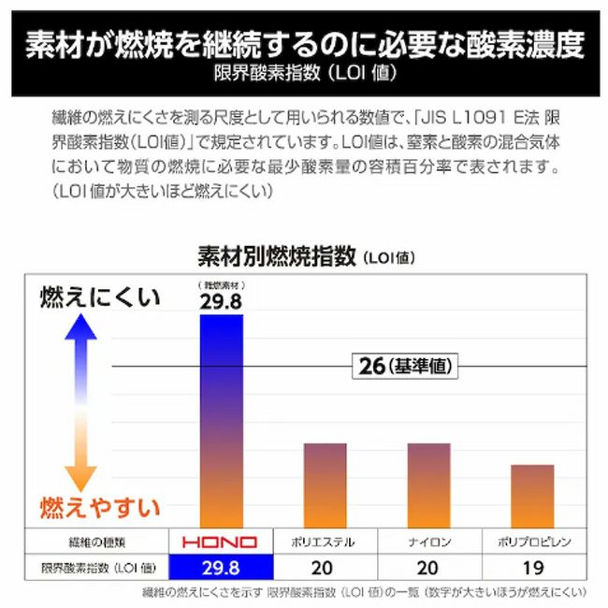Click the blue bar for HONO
(222, 421)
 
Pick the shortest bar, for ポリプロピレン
(532, 496)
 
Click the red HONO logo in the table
(222, 543)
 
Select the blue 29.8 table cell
(222, 568)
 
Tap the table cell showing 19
(532, 568)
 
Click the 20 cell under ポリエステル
(325, 568)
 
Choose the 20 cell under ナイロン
(428, 568)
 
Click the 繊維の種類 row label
(92, 543)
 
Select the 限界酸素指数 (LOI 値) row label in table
(92, 568)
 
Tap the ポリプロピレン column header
(532, 543)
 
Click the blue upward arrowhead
(81, 327)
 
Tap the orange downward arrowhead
(81, 477)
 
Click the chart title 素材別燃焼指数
(277, 255)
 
